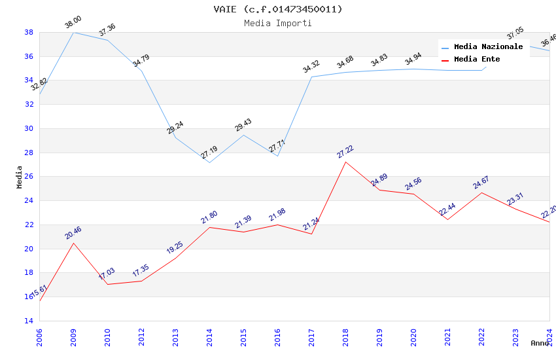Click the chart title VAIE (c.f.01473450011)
[x=278, y=9]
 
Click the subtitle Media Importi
[x=278, y=23]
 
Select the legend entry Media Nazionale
[x=488, y=46]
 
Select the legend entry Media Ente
[x=477, y=59]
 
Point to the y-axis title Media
[x=19, y=177]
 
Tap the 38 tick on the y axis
[x=29, y=32]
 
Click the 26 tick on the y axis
[x=29, y=177]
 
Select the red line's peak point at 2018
[x=345, y=162]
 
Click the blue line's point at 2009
[x=73, y=32]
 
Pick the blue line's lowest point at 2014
[x=209, y=162]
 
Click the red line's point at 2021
[x=447, y=219]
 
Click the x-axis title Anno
[x=540, y=343]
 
